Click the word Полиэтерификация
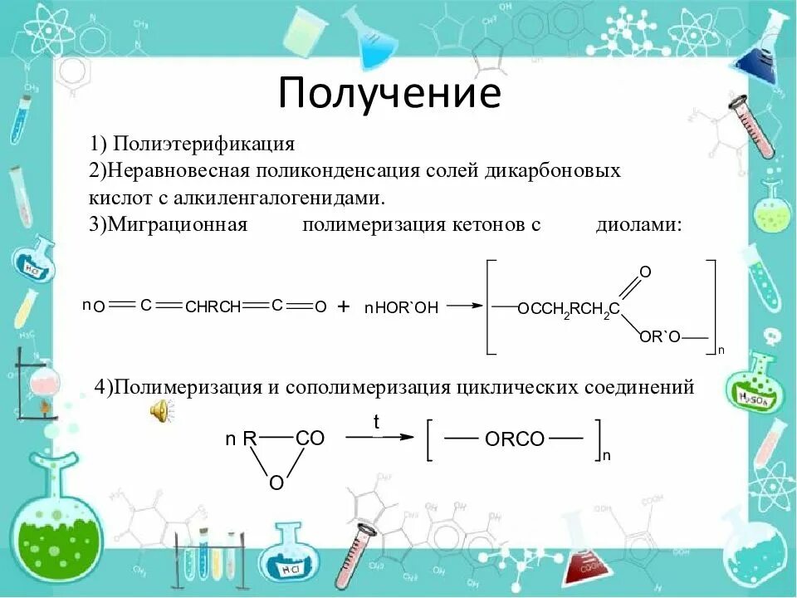[x=204, y=144]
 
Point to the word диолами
[x=638, y=225]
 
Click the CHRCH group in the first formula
[x=213, y=306]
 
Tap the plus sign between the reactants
[x=344, y=306]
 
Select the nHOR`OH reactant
[x=401, y=307]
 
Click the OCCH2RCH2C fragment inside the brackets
[x=568, y=310]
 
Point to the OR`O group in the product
[x=660, y=336]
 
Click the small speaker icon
[x=160, y=410]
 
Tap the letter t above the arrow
[x=376, y=422]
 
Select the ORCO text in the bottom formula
[x=514, y=440]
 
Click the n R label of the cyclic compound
[x=240, y=439]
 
